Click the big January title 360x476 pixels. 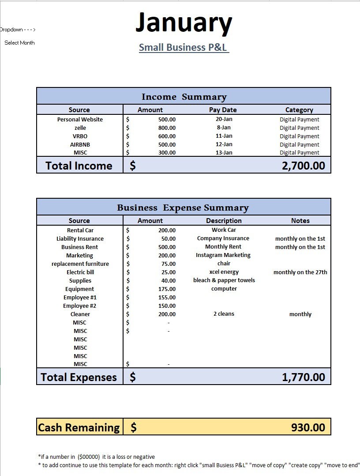(184, 23)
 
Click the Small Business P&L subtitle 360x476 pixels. (184, 47)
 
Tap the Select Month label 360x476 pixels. (19, 43)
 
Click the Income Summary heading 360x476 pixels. (184, 97)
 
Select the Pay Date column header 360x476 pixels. (223, 110)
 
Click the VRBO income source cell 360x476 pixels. (80, 136)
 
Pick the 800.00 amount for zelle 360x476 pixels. (166, 128)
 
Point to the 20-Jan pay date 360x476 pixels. (224, 119)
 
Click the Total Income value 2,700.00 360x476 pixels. (303, 166)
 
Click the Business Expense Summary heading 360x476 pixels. (183, 208)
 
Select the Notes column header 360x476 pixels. (300, 221)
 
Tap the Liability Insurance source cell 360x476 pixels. (80, 238)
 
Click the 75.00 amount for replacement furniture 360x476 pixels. (168, 264)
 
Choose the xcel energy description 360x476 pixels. (224, 272)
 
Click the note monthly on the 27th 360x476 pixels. (300, 272)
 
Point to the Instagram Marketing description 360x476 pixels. (223, 255)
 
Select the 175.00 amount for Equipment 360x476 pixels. (166, 289)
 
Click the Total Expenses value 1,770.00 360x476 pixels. (303, 377)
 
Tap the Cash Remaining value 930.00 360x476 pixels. (307, 427)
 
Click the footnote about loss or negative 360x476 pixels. (97, 457)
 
